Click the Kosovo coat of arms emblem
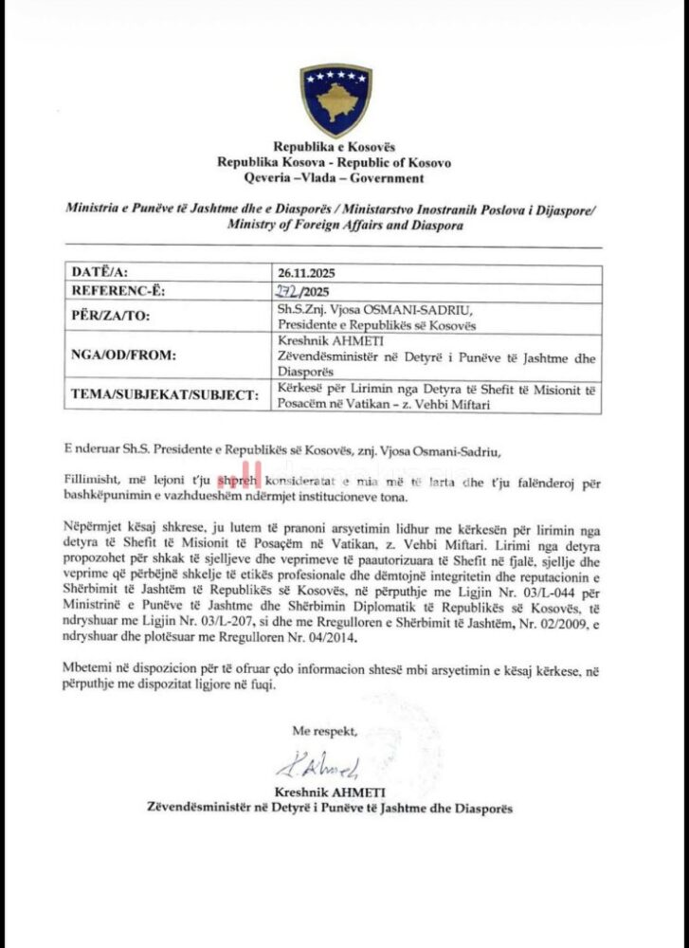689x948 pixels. point(335,100)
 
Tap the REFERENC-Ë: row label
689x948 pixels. point(119,290)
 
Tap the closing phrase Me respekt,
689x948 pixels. point(325,731)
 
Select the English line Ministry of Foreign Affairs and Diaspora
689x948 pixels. point(345,226)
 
